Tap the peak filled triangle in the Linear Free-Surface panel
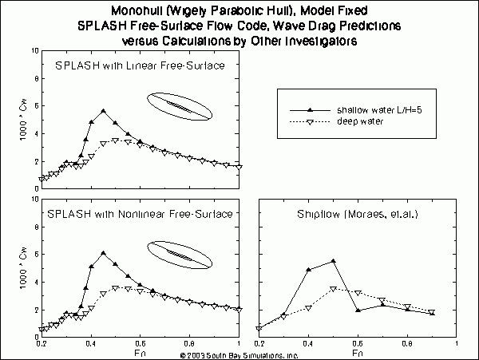pyautogui.click(x=103, y=111)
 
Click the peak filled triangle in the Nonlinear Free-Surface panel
pyautogui.click(x=103, y=253)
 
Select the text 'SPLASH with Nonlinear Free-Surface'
pyautogui.click(x=139, y=214)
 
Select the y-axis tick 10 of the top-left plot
pyautogui.click(x=34, y=51)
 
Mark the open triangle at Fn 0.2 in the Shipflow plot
pyautogui.click(x=259, y=328)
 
